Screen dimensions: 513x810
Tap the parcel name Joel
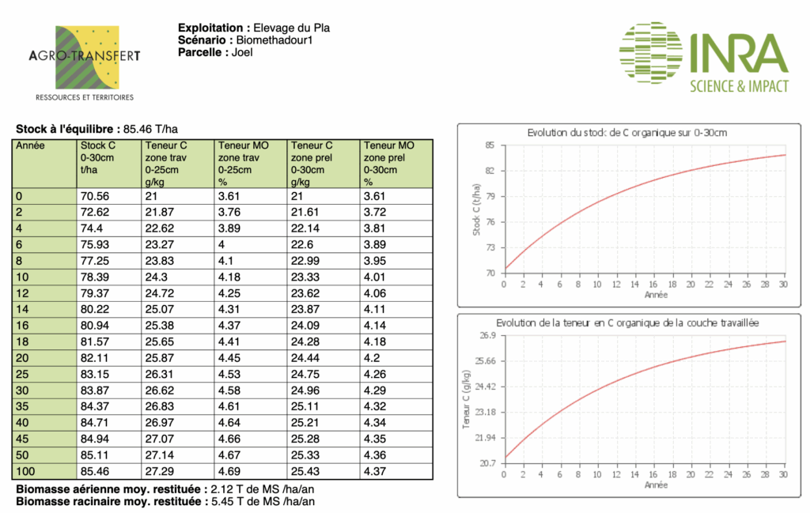click(x=242, y=53)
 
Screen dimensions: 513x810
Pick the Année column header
click(x=32, y=145)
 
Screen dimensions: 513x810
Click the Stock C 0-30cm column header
click(x=98, y=157)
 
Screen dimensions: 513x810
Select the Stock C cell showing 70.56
click(x=95, y=196)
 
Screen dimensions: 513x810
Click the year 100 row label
click(x=27, y=472)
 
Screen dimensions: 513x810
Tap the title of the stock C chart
click(x=627, y=132)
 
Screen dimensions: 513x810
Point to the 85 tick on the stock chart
click(x=490, y=145)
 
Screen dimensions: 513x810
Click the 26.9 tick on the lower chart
click(x=487, y=336)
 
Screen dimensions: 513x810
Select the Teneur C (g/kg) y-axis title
click(x=466, y=399)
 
